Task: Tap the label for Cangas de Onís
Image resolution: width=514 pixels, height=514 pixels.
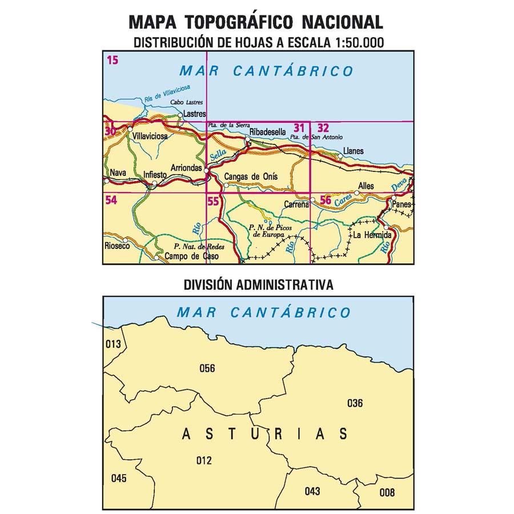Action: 251,176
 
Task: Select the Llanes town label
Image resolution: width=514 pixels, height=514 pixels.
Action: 353,151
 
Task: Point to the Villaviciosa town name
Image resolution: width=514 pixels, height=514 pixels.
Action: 149,137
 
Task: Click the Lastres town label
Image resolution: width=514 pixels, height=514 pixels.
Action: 195,114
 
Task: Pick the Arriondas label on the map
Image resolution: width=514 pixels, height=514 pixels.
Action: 186,167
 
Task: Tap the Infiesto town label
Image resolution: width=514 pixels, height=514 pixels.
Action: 155,175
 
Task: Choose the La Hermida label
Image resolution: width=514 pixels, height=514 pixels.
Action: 372,235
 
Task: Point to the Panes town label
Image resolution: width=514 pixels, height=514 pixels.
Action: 401,203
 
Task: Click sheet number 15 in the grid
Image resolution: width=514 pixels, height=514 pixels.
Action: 112,59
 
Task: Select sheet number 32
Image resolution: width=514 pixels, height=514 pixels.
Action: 323,128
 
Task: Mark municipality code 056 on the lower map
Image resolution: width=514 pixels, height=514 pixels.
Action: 207,368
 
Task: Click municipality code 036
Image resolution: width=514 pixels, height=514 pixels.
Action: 355,404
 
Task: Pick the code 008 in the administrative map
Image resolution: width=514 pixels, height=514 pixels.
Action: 387,493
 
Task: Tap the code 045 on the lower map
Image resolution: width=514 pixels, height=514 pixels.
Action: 118,479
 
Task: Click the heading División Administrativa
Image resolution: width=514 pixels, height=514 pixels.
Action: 258,284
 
